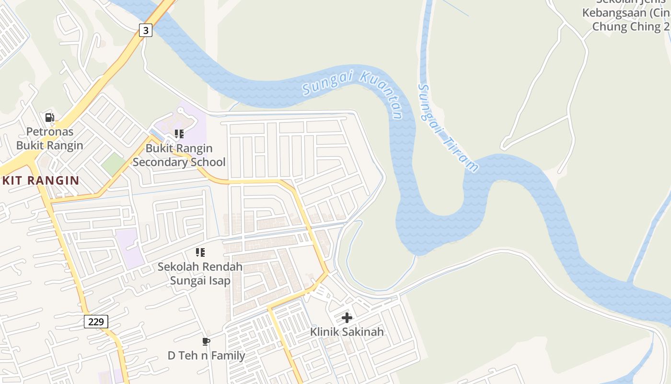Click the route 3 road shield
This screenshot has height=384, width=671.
[x=146, y=30]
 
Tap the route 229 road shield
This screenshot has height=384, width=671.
[x=96, y=322]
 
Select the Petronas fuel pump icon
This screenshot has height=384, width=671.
[x=49, y=117]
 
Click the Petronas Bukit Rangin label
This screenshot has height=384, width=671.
[x=50, y=138]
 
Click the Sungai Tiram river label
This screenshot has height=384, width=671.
[x=448, y=128]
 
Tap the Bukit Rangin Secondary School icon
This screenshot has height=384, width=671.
[x=179, y=134]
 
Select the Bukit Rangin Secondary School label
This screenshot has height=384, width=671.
[x=179, y=155]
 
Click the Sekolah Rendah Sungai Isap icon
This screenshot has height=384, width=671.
[x=200, y=252]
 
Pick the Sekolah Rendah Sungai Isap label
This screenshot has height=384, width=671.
[x=200, y=273]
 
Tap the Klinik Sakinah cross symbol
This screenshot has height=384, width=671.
[x=347, y=317]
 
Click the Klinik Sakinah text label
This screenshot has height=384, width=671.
[x=347, y=332]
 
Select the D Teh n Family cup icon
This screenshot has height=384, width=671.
[x=206, y=341]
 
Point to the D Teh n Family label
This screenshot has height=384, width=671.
[x=206, y=356]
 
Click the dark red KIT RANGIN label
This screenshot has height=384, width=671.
[x=40, y=180]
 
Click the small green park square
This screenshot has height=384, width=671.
[x=114, y=164]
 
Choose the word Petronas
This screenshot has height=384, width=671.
[x=50, y=132]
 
